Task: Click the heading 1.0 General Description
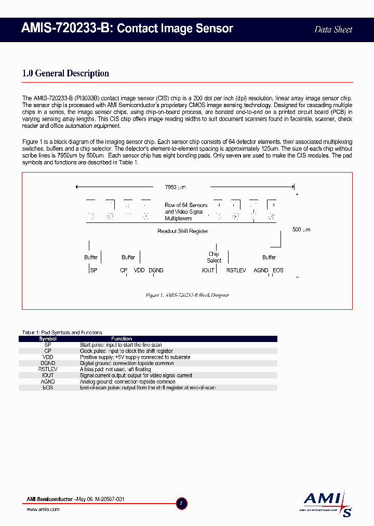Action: pos(65,73)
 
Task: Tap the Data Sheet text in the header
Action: pos(333,30)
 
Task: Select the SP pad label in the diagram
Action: pos(94,270)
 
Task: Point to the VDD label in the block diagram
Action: pos(139,270)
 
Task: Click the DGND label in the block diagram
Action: pos(156,270)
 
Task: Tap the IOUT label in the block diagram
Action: pos(208,270)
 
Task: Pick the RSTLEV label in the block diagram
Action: pos(236,270)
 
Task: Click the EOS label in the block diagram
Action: pos(278,270)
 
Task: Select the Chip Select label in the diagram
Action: pos(214,257)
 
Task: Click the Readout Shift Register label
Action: pos(183,231)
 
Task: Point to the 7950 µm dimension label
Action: pos(175,187)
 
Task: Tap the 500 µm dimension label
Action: pos(301,229)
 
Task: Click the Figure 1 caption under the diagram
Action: pos(187,295)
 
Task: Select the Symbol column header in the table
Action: pos(48,339)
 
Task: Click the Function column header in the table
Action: pos(122,339)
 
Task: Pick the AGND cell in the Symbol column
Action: pos(48,382)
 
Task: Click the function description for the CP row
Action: pos(126,351)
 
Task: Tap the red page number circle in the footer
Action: pos(181,503)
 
